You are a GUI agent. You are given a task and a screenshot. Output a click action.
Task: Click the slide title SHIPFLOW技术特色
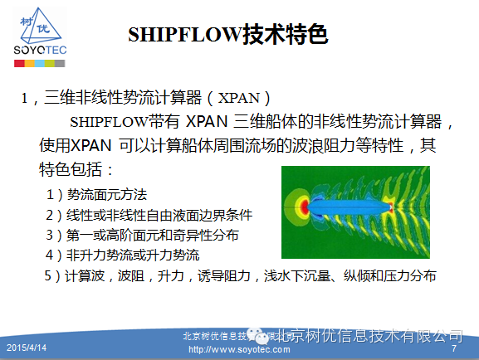pos(227,34)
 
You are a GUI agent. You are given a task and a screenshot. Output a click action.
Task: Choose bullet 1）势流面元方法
pos(96,195)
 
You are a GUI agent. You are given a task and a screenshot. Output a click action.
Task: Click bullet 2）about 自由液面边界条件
pos(149,215)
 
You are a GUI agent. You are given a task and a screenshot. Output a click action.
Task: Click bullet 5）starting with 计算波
pos(241,275)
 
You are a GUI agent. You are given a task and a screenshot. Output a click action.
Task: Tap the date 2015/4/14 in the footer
pos(26,344)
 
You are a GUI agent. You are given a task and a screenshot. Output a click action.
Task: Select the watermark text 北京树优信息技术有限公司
pos(369,335)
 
